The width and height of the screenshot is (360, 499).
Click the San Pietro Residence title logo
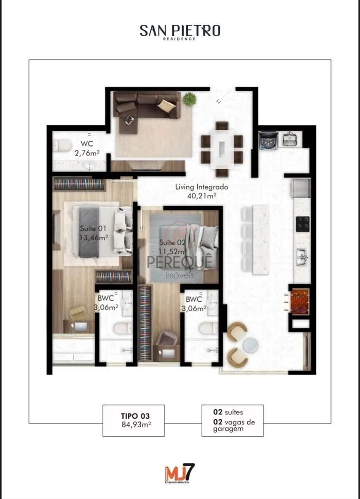tap(180, 32)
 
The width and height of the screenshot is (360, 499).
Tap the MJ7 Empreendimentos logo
tap(180, 474)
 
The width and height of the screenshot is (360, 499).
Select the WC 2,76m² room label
tap(87, 148)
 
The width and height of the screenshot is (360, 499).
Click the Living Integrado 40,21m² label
tap(202, 191)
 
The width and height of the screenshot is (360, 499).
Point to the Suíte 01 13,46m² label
tap(94, 233)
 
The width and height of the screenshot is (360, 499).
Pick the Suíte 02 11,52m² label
tap(172, 247)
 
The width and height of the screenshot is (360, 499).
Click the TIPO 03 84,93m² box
tap(134, 421)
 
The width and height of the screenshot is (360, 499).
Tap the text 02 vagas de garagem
tap(234, 425)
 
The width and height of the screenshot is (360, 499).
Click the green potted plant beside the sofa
tap(190, 99)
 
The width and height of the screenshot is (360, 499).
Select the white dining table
tap(222, 148)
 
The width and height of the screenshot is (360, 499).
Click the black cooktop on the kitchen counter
tap(302, 224)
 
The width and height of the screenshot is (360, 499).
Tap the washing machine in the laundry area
tap(268, 140)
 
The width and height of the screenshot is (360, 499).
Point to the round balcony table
tap(250, 345)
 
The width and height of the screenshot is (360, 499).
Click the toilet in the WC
tap(62, 146)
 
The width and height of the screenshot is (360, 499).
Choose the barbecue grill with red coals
tap(300, 301)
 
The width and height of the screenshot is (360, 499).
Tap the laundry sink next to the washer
tap(290, 139)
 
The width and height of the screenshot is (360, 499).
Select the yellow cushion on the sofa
tap(166, 106)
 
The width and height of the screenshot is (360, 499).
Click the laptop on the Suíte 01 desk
tap(79, 326)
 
